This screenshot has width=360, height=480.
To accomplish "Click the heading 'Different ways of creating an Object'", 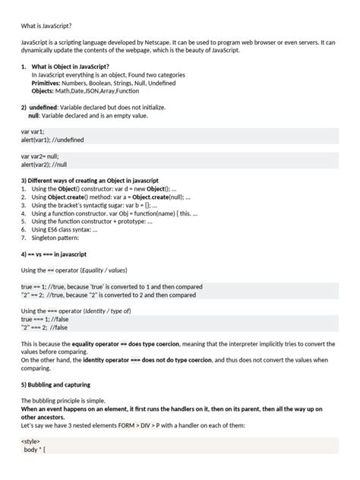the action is [88, 180].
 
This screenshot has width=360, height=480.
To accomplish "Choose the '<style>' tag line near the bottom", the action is [31, 441].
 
